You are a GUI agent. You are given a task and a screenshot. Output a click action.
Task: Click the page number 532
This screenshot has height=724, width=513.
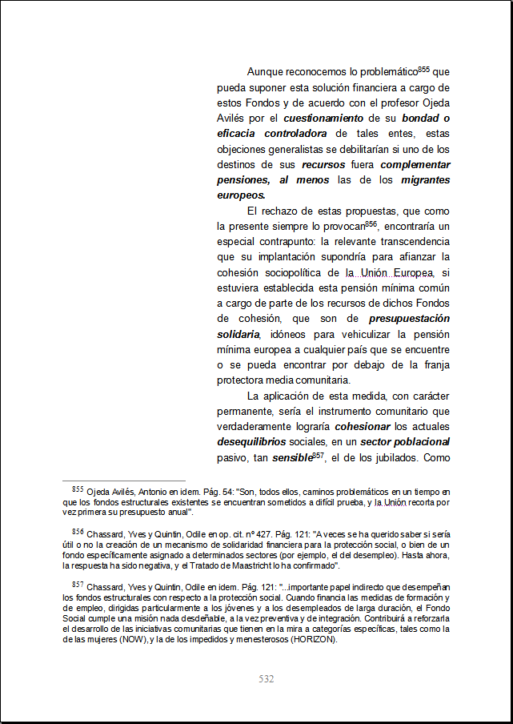[267, 679]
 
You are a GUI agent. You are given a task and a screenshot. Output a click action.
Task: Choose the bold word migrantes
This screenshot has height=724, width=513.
[425, 179]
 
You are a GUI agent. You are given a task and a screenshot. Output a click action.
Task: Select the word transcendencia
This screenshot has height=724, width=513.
[407, 241]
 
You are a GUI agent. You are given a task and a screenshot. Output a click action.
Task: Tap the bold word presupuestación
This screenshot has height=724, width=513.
[409, 318]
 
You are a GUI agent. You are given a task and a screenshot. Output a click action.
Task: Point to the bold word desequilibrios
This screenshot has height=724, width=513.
[249, 441]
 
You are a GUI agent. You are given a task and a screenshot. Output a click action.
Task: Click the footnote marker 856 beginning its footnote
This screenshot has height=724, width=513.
[78, 531]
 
